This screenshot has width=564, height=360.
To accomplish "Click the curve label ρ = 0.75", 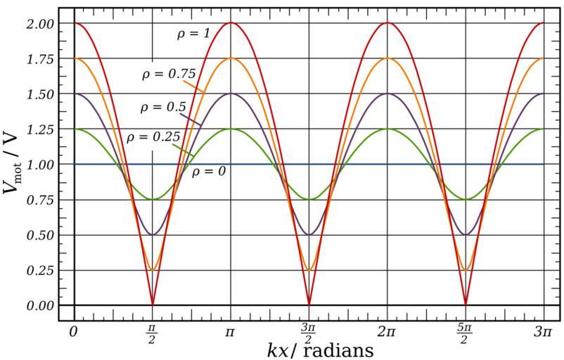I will [x=167, y=73].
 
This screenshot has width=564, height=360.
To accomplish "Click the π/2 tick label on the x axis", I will [x=152, y=333].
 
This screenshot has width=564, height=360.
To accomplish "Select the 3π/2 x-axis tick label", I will [x=309, y=333].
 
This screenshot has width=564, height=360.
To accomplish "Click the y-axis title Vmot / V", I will [x=13, y=164].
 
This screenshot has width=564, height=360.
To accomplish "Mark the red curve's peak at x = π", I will [x=231, y=22].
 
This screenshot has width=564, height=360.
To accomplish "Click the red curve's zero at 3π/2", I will [x=309, y=304].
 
